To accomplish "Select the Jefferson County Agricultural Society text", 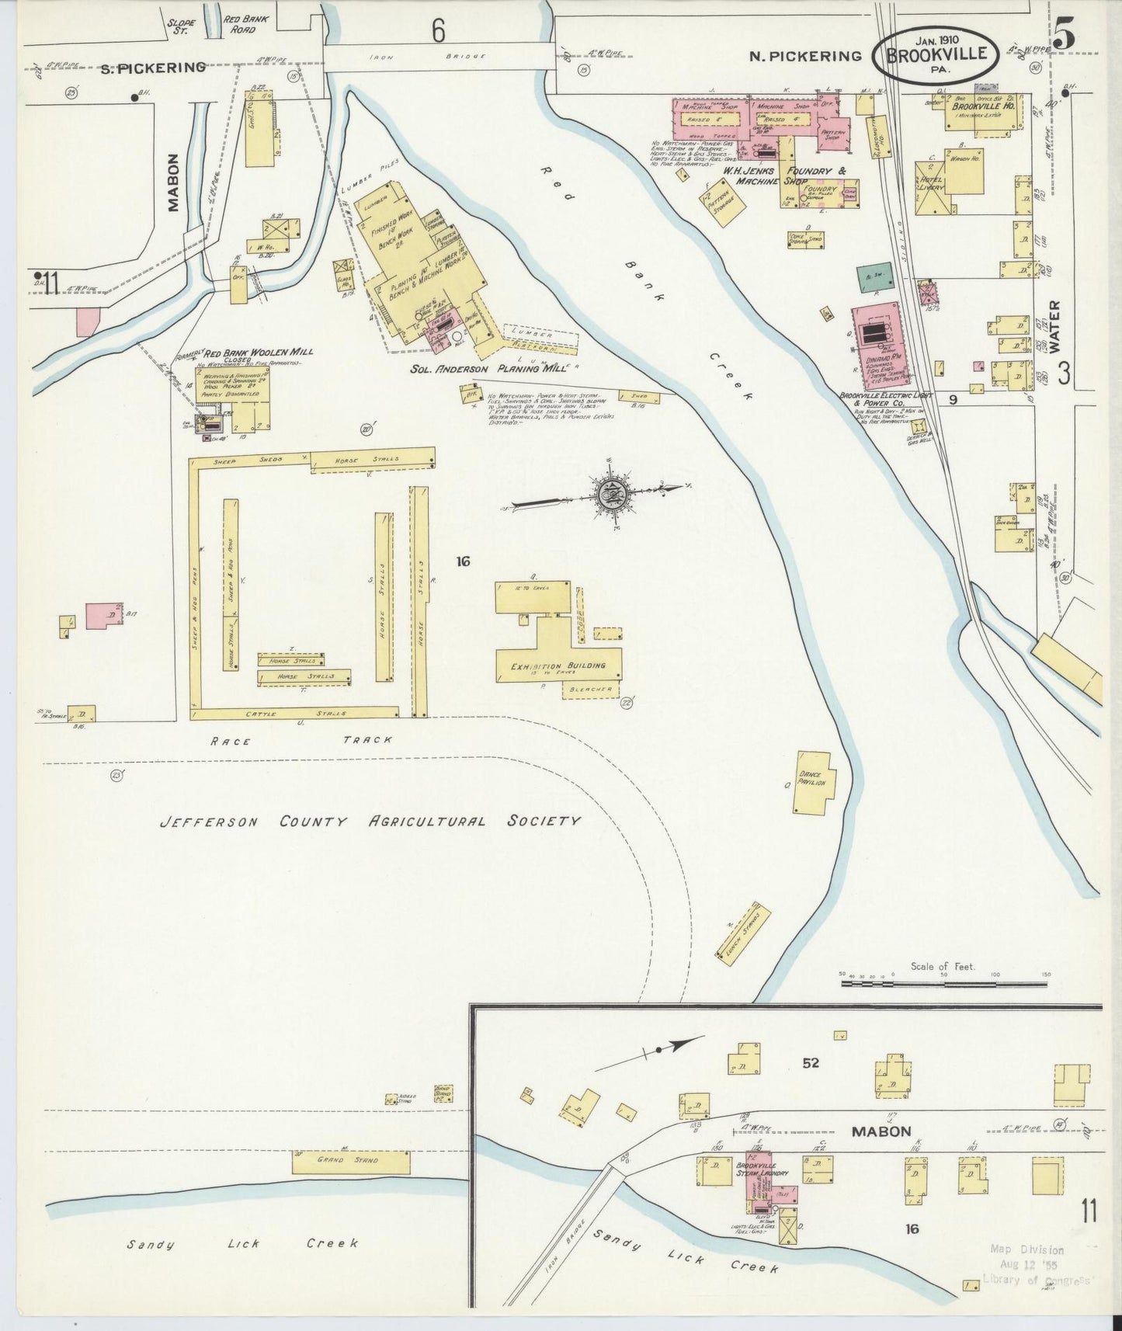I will click(370, 822).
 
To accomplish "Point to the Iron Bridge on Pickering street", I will click(439, 57).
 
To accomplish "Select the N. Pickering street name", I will click(805, 55).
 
